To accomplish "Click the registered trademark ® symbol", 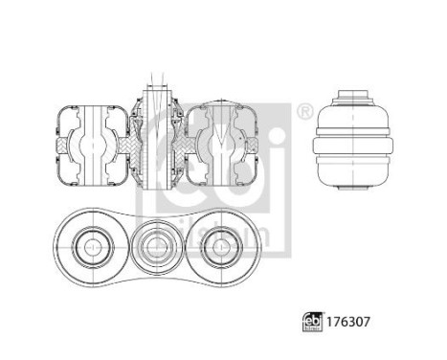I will (305, 112).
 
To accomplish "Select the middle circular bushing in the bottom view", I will (155, 248).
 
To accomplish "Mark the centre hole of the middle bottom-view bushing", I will (155, 248).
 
